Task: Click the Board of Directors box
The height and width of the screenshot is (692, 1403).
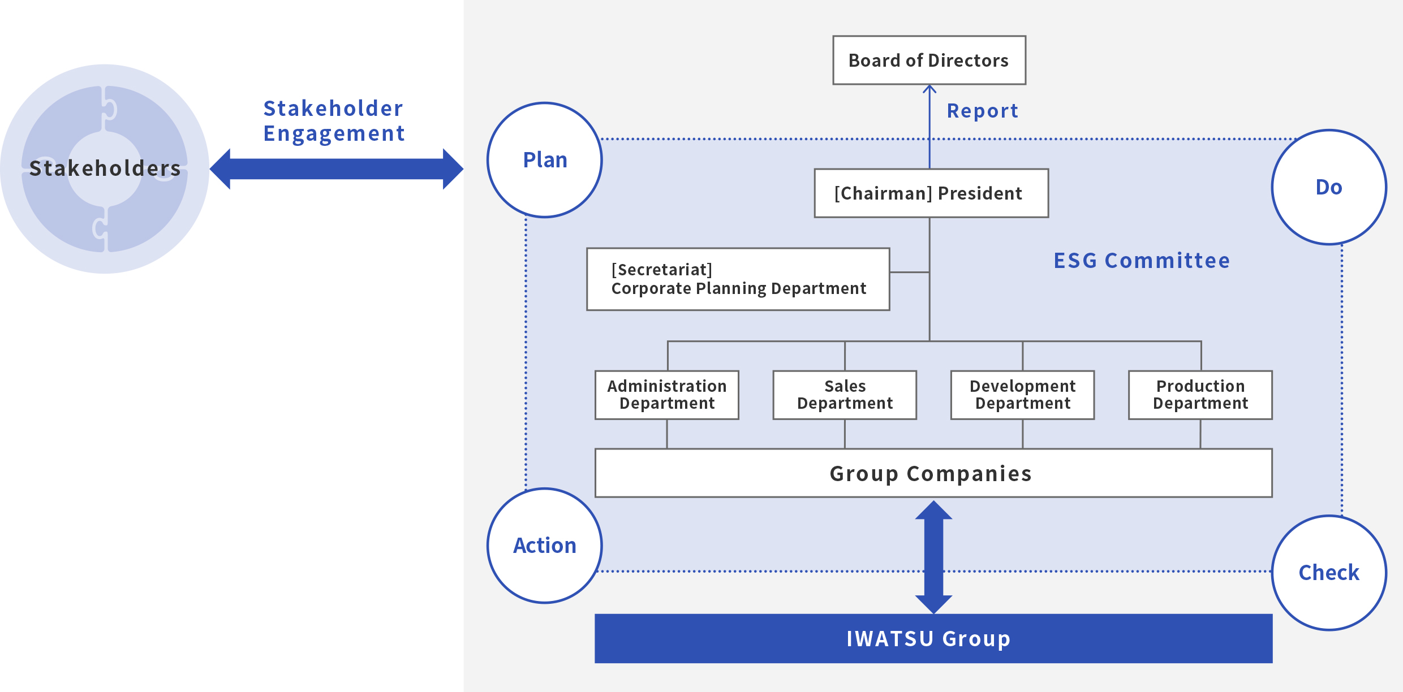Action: click(x=929, y=60)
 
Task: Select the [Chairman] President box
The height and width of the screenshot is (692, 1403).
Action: click(x=931, y=193)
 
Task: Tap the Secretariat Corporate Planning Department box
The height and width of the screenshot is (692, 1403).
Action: click(x=738, y=279)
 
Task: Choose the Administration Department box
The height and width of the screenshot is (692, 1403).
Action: click(x=667, y=395)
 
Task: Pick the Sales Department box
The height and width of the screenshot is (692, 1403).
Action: click(x=845, y=395)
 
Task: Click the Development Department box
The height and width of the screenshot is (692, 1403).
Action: click(x=1023, y=395)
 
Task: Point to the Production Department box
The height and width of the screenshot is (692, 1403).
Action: click(x=1200, y=395)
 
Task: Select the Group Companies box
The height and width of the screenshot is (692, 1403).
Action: click(x=933, y=473)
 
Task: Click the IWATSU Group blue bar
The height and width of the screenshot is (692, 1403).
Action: click(x=933, y=638)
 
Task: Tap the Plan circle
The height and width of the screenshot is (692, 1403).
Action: click(x=545, y=160)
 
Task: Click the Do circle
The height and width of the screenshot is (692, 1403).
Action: click(x=1329, y=187)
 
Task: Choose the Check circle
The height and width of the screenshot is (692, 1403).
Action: click(x=1329, y=573)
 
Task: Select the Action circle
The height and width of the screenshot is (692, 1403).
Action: click(x=545, y=546)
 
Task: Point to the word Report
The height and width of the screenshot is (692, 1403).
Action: click(x=983, y=111)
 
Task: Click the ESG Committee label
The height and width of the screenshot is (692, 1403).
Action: click(x=1142, y=261)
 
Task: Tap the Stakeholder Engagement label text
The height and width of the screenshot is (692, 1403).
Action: click(x=334, y=121)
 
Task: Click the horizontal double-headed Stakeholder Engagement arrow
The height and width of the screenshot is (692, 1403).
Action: click(x=337, y=168)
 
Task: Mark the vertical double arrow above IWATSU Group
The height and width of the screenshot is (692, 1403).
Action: click(x=933, y=557)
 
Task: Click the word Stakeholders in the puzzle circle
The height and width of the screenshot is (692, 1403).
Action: click(x=105, y=168)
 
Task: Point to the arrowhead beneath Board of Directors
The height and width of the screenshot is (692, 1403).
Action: click(x=929, y=89)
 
